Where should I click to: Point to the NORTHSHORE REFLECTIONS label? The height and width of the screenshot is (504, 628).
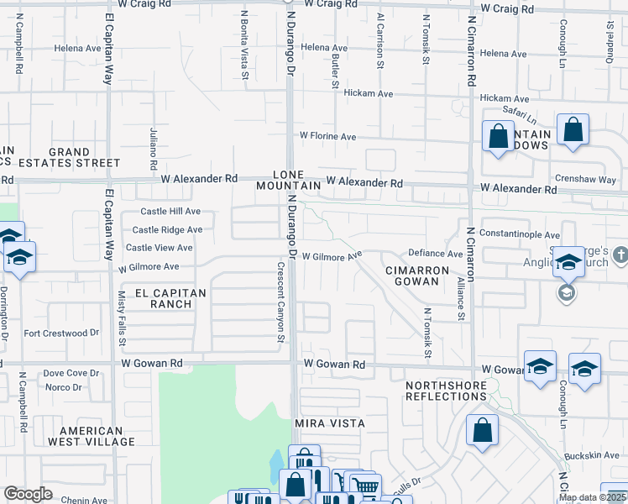[446, 390]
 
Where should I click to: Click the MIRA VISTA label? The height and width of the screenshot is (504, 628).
[330, 423]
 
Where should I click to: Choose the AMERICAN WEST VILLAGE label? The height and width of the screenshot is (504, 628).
[91, 435]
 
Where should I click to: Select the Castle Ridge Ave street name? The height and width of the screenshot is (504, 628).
[167, 229]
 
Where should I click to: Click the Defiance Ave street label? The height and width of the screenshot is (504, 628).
[435, 254]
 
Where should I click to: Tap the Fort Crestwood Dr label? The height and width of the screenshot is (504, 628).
[55, 333]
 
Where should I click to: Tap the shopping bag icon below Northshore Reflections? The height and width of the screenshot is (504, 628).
[483, 430]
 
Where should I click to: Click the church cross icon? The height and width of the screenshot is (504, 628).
[620, 254]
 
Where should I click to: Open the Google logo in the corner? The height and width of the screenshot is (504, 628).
[28, 494]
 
